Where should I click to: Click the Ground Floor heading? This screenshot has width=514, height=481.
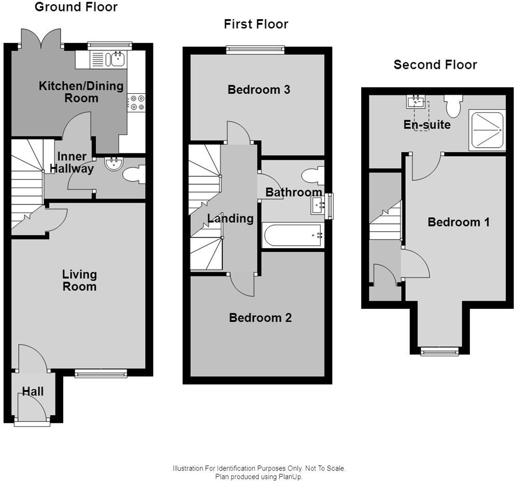pyautogui.click(x=76, y=7)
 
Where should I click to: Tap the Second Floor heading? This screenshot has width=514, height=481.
pyautogui.click(x=435, y=65)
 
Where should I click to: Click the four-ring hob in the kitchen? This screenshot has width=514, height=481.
pyautogui.click(x=137, y=102)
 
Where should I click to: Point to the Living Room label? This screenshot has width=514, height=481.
pyautogui.click(x=79, y=280)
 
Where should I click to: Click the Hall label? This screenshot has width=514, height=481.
pyautogui.click(x=33, y=391)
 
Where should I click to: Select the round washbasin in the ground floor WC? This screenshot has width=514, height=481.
pyautogui.click(x=112, y=164)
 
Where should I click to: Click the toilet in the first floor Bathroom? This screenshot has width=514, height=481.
pyautogui.click(x=313, y=176)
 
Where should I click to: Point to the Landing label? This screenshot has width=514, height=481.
pyautogui.click(x=231, y=218)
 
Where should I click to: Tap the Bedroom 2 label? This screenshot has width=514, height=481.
pyautogui.click(x=260, y=318)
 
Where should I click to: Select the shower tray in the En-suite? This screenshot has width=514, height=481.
pyautogui.click(x=487, y=130)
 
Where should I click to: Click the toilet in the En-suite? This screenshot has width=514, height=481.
pyautogui.click(x=453, y=106)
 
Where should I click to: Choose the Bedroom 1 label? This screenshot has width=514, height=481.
pyautogui.click(x=458, y=222)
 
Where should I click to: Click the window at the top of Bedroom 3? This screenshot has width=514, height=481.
pyautogui.click(x=255, y=49)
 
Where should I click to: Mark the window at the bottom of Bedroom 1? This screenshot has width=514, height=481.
pyautogui.click(x=439, y=352)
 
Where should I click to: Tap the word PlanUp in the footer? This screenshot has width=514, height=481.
pyautogui.click(x=292, y=476)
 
